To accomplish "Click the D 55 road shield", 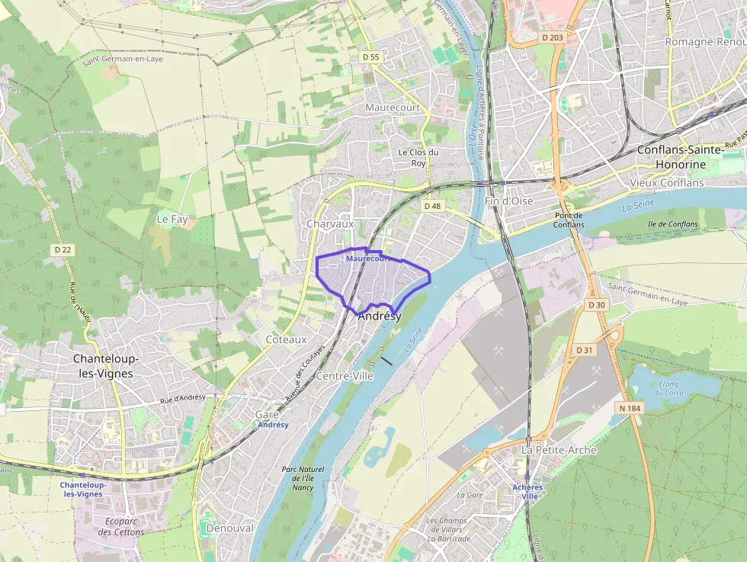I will (371, 56).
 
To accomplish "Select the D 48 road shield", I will (432, 206).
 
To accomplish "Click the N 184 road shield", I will (630, 408).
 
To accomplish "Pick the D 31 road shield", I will (585, 350).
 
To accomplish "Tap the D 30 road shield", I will (596, 305).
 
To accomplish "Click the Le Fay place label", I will (172, 219).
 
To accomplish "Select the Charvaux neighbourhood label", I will (330, 224).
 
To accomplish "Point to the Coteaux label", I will (286, 339).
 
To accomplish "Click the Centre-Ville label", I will (344, 376).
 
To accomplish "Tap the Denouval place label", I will (229, 528).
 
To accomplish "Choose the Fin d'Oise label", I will (508, 201).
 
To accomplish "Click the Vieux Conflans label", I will (667, 183).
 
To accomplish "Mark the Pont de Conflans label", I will (569, 220).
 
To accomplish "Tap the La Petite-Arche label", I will (559, 450).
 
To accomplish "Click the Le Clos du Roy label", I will (418, 157).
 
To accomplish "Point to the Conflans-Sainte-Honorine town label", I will (680, 157).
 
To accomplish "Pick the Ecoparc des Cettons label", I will (120, 527).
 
